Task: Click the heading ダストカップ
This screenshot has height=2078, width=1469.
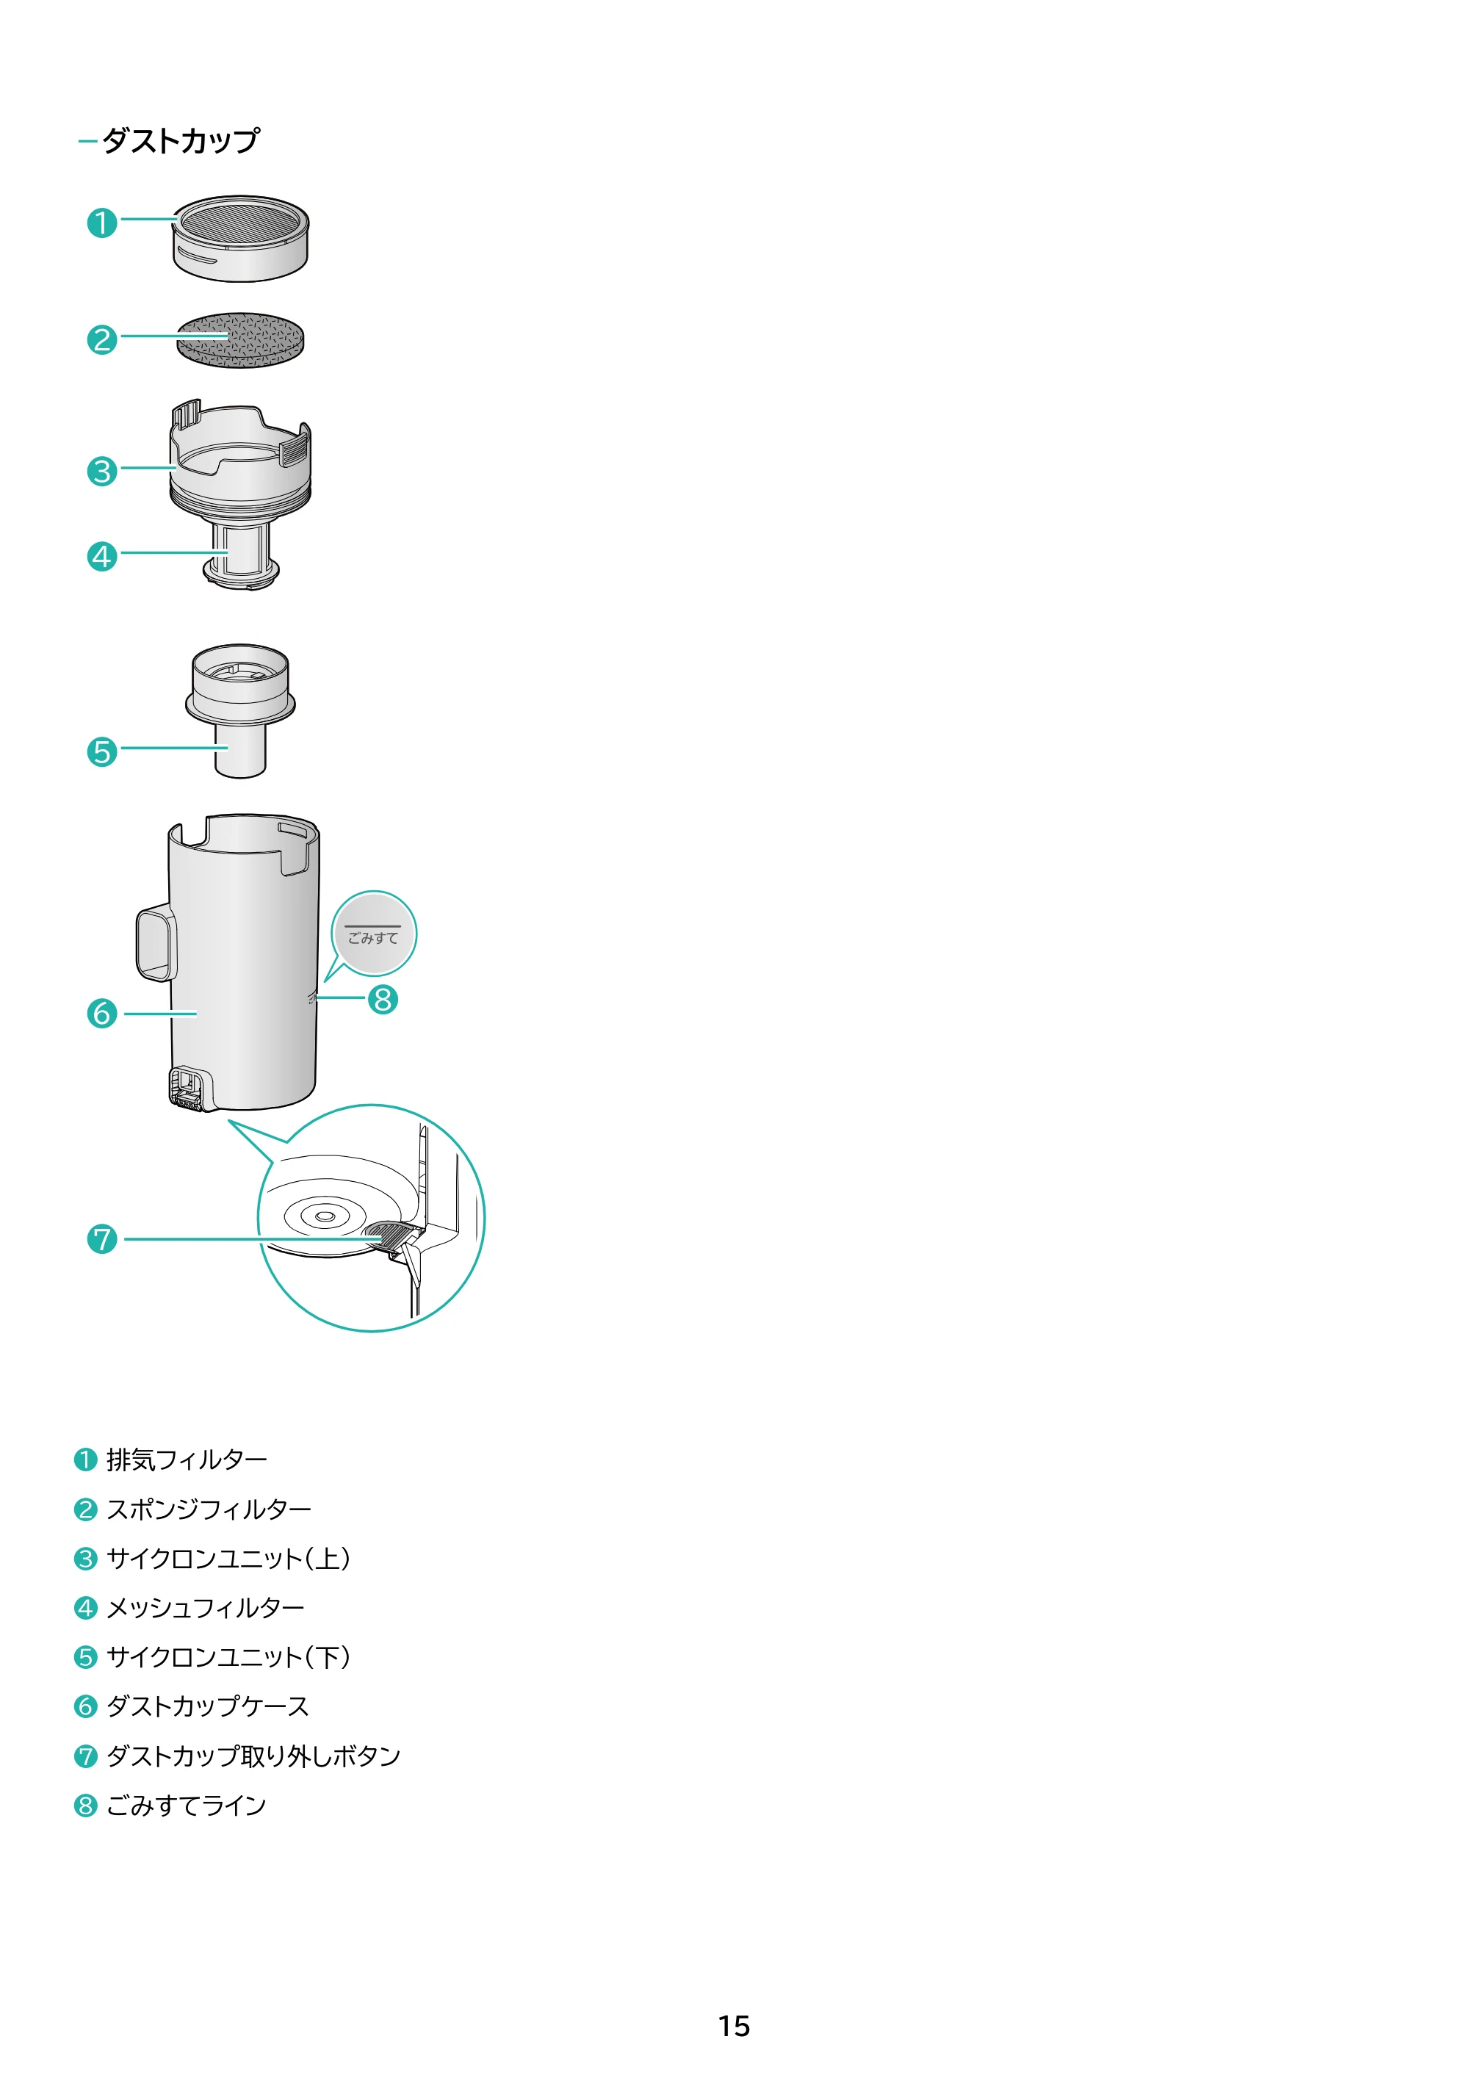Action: coord(181,140)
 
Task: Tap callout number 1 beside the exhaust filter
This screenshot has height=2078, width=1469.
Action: coord(102,223)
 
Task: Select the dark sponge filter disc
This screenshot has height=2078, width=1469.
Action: coord(241,340)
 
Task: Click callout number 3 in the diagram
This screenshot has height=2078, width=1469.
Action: coord(102,472)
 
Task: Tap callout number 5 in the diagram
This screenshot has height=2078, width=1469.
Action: coord(102,751)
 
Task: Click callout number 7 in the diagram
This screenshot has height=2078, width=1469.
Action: coord(102,1239)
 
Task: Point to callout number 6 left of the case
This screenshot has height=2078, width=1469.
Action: coord(102,1013)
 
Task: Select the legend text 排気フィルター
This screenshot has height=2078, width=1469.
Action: coord(187,1460)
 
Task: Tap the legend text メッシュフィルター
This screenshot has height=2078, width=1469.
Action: coord(206,1609)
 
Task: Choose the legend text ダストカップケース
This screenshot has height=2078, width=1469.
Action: coord(208,1707)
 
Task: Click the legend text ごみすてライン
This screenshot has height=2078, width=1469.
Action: coord(187,1805)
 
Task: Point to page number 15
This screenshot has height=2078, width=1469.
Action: coord(734,2026)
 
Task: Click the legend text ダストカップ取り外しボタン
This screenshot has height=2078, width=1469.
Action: coord(253,1756)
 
